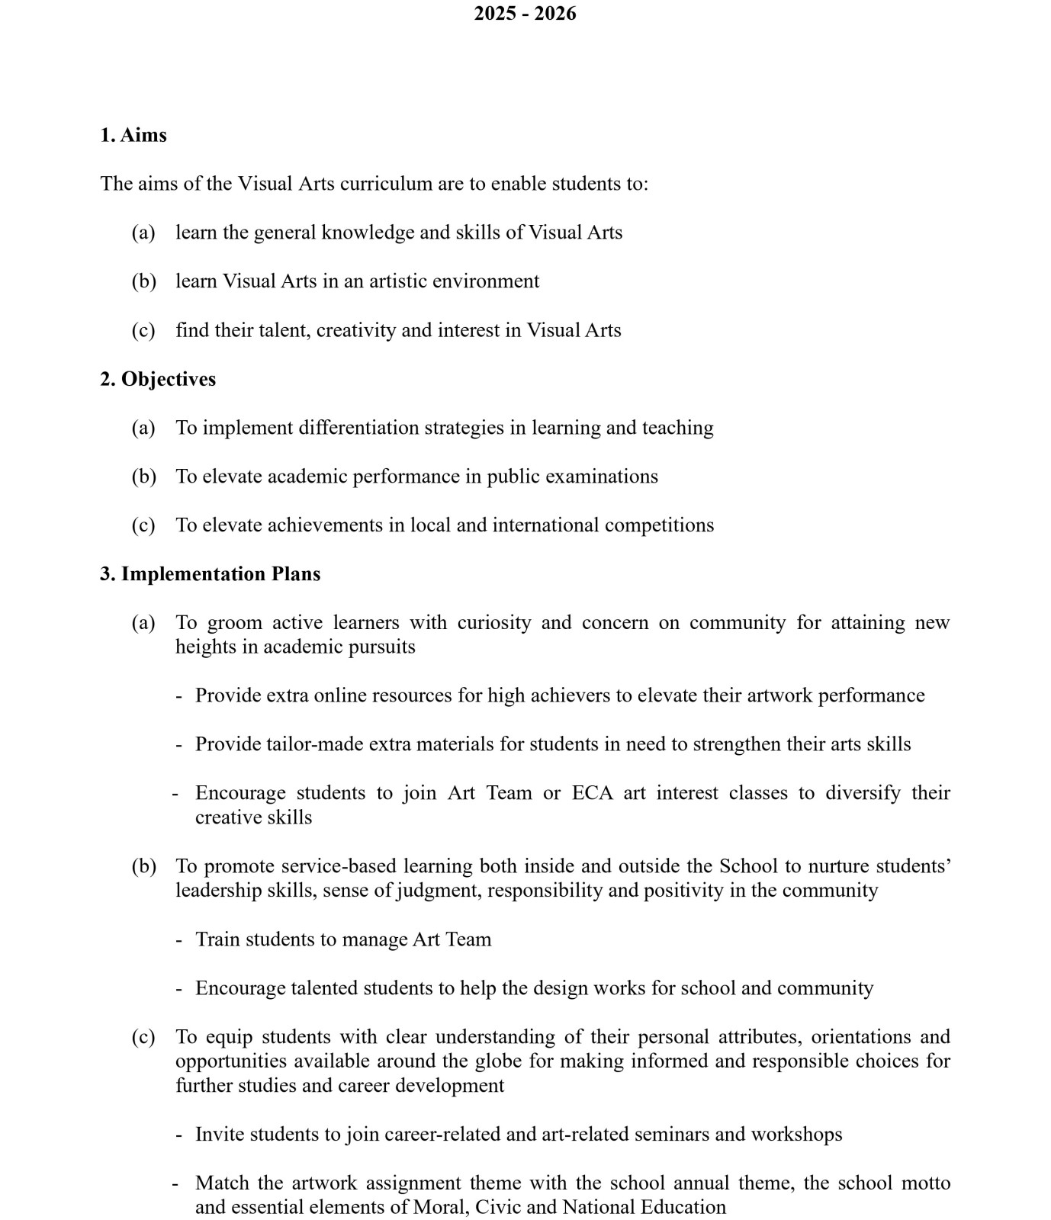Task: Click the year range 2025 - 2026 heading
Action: [x=525, y=14]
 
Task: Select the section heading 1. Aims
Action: [x=133, y=135]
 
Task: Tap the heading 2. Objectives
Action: [x=158, y=379]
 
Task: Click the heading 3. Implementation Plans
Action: [x=210, y=574]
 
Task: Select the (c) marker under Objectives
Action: [x=143, y=525]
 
